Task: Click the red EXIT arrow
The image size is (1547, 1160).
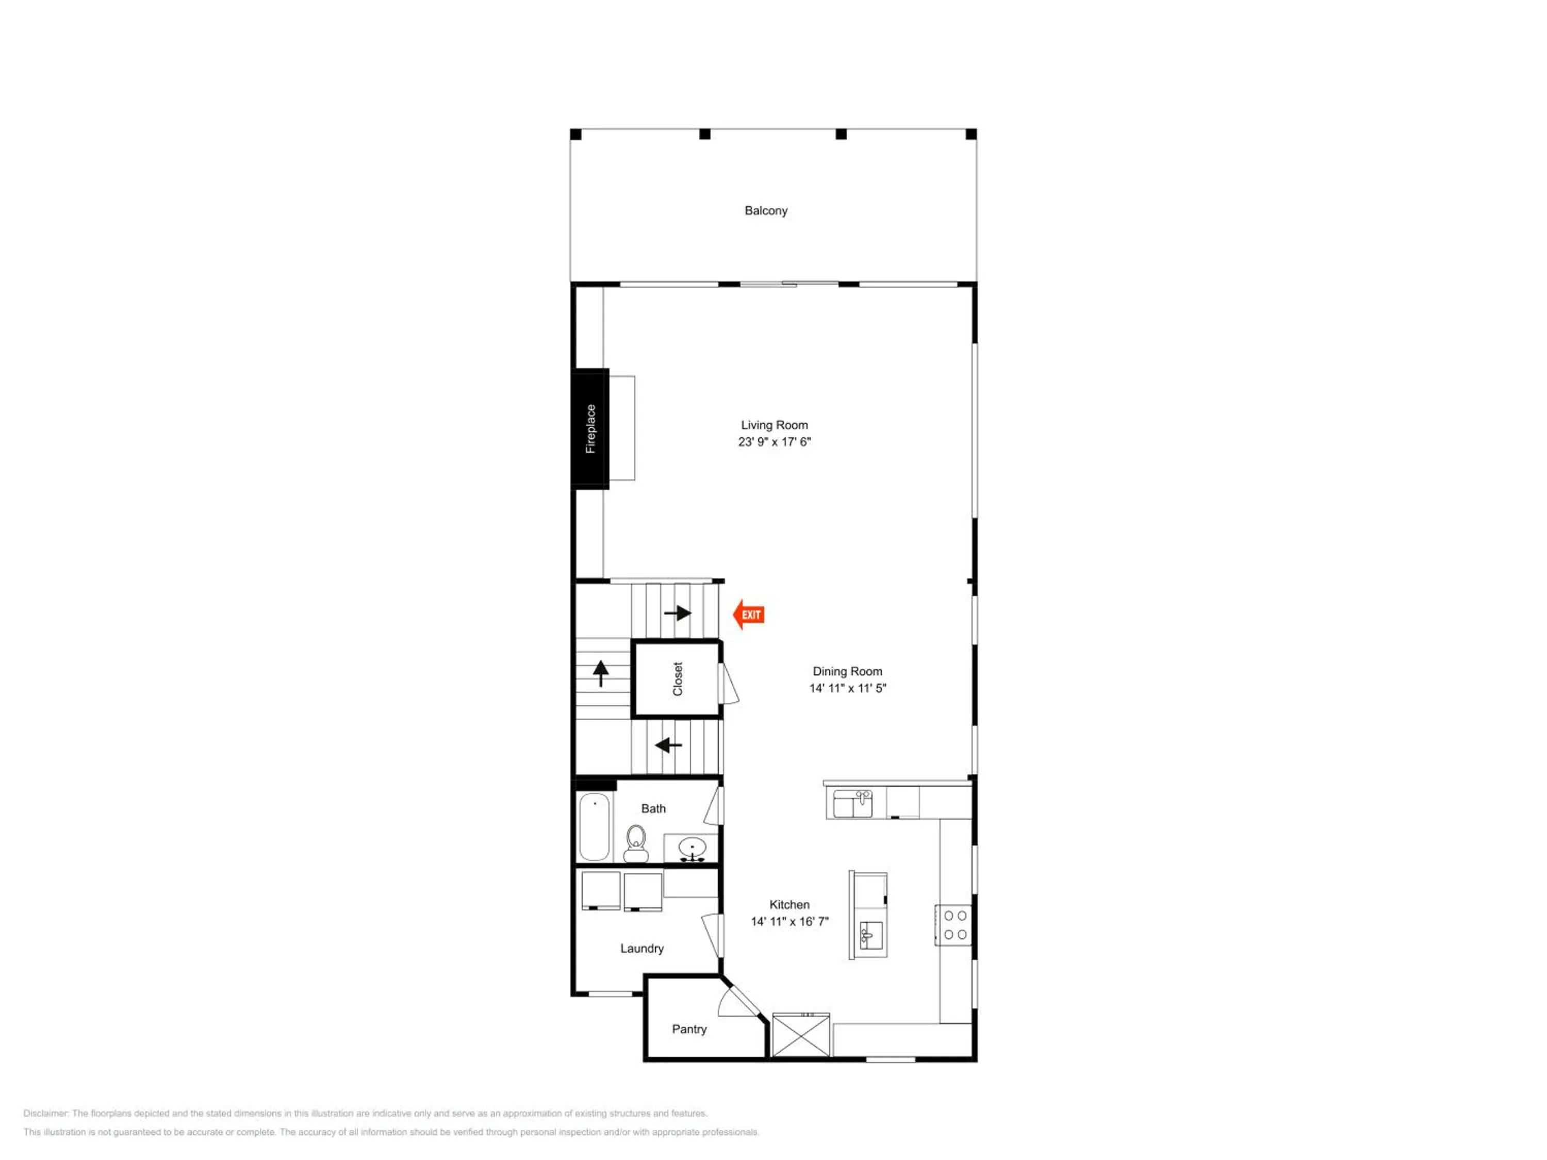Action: [x=748, y=615]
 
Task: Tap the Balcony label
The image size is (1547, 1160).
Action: [x=766, y=210]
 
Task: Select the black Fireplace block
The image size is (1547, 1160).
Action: [x=590, y=428]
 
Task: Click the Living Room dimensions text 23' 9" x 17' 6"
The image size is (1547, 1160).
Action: [x=774, y=442]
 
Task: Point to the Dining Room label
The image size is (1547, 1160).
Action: [x=847, y=671]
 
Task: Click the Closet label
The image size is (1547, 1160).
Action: [x=677, y=679]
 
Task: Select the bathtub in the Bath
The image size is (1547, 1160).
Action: [x=595, y=826]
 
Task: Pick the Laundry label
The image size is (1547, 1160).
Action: [x=641, y=948]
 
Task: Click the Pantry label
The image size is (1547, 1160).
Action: [x=689, y=1029]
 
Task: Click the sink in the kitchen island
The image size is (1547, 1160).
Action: [x=871, y=935]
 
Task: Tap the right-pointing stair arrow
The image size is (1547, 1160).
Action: [x=678, y=613]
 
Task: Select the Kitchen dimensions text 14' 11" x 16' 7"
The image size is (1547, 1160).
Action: [x=789, y=922]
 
